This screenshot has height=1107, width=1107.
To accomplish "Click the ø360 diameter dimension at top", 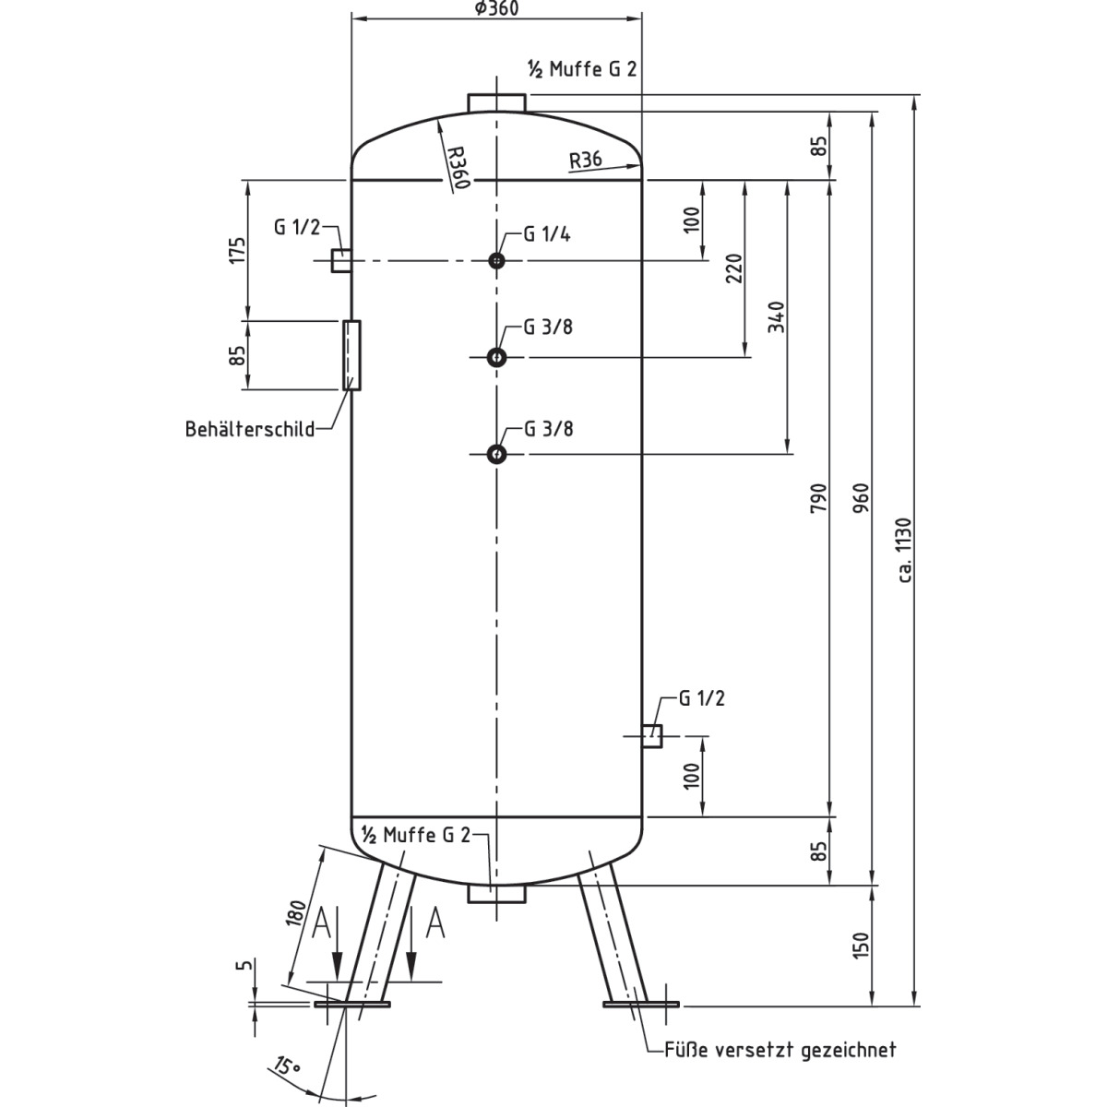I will pyautogui.click(x=497, y=8).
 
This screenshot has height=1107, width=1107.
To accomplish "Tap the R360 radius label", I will pyautogui.click(x=457, y=166).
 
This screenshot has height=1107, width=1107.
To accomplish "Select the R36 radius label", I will pyautogui.click(x=586, y=160).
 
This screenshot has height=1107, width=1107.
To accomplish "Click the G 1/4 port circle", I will pyautogui.click(x=497, y=261).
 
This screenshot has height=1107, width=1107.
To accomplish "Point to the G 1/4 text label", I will pyautogui.click(x=547, y=234).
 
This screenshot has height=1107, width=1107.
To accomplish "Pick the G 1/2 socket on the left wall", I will pyautogui.click(x=340, y=261).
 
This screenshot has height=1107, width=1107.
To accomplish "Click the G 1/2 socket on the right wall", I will pyautogui.click(x=652, y=736).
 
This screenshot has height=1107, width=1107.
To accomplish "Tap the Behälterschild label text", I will pyautogui.click(x=249, y=429).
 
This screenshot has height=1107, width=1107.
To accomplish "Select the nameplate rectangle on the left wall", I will pyautogui.click(x=351, y=355).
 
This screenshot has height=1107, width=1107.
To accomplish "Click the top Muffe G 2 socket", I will pyautogui.click(x=496, y=101).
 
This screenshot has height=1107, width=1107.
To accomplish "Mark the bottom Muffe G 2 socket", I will pyautogui.click(x=496, y=893).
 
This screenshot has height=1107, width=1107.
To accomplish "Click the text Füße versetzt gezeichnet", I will pyautogui.click(x=780, y=1050).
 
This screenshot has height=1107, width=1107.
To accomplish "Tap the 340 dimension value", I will pyautogui.click(x=777, y=316).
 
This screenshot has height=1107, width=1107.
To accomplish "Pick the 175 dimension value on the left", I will pyautogui.click(x=238, y=251).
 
